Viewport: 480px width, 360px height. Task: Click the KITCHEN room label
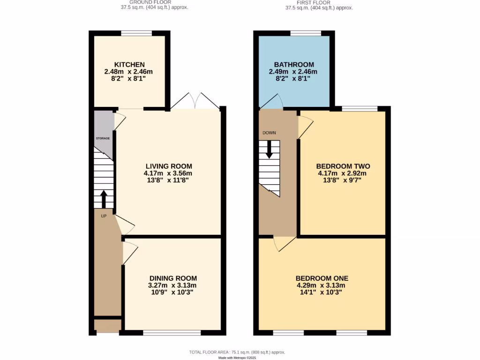click(x=129, y=65)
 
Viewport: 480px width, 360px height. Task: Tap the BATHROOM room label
click(x=294, y=65)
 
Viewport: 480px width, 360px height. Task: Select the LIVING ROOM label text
click(x=169, y=166)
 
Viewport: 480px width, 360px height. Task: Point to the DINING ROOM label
click(x=173, y=278)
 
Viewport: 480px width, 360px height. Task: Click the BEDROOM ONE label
click(x=322, y=278)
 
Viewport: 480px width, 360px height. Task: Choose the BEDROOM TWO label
click(x=343, y=166)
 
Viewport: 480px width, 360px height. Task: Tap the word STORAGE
click(x=103, y=139)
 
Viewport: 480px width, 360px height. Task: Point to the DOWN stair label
click(x=269, y=133)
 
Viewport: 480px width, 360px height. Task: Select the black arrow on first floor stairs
click(x=269, y=149)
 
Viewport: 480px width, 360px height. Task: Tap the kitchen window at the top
click(x=136, y=33)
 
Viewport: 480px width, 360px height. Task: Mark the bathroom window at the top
click(x=306, y=33)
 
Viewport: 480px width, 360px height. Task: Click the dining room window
click(x=172, y=333)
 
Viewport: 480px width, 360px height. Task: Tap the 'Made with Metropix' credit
click(x=237, y=358)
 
